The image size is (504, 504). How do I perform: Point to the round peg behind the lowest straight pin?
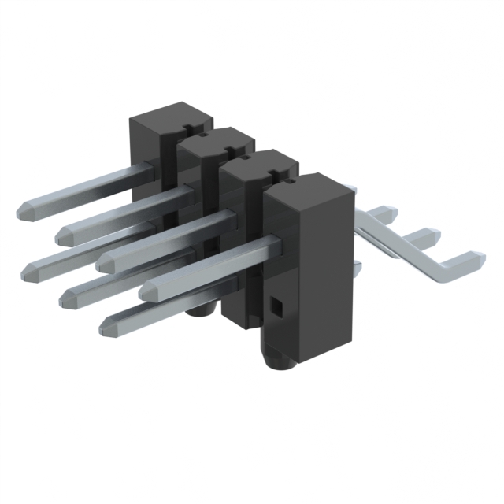(200, 310)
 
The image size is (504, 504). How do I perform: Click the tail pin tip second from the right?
(429, 235)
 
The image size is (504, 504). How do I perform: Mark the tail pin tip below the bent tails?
(358, 268)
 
